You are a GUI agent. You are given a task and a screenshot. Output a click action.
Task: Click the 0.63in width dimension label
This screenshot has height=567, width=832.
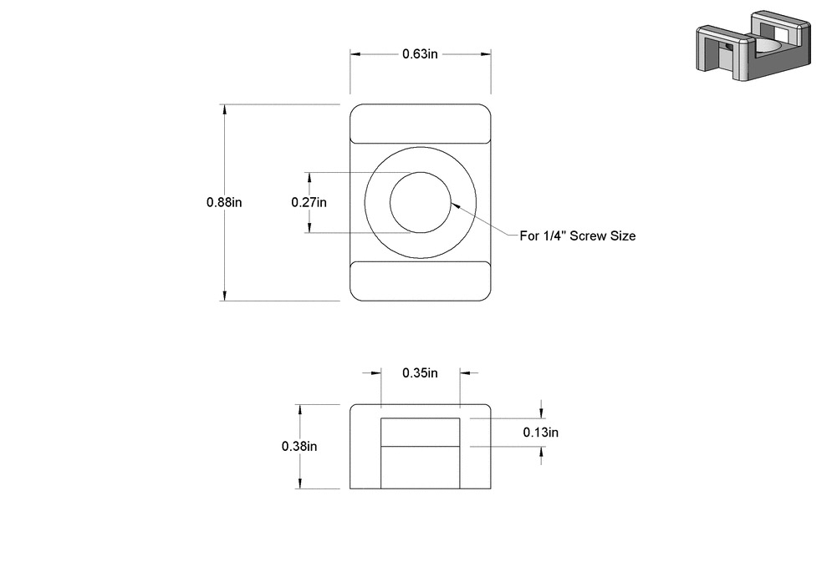point(421,54)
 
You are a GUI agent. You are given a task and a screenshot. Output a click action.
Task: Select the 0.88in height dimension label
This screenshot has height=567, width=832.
point(224,202)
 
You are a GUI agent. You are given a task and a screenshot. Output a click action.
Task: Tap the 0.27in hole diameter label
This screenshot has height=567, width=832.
point(309,202)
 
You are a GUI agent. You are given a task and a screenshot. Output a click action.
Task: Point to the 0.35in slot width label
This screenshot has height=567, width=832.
point(420,372)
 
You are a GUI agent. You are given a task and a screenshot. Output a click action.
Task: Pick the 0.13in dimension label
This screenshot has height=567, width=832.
point(540,432)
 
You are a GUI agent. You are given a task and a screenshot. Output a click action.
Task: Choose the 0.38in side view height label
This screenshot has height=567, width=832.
point(299,446)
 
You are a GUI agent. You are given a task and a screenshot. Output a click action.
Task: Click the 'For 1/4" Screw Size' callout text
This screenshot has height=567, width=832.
point(578,236)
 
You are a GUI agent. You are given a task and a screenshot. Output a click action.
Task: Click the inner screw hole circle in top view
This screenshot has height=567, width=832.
point(421,203)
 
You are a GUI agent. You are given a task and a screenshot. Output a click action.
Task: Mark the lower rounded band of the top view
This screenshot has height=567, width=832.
point(420,281)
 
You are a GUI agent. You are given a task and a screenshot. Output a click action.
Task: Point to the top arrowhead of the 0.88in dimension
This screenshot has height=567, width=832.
point(224,109)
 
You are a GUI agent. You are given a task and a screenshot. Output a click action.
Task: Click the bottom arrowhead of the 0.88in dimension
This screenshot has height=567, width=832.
point(224,295)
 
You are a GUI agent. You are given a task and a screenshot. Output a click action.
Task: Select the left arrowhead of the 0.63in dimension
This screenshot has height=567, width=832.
point(355,54)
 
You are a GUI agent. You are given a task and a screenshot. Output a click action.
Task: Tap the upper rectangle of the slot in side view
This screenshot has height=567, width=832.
point(421,432)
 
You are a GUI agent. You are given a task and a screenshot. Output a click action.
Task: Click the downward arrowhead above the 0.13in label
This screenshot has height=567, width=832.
point(542,413)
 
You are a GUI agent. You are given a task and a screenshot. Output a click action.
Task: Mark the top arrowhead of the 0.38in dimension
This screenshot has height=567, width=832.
point(299,410)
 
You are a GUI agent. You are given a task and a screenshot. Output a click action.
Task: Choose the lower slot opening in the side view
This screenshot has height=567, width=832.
point(421,468)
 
